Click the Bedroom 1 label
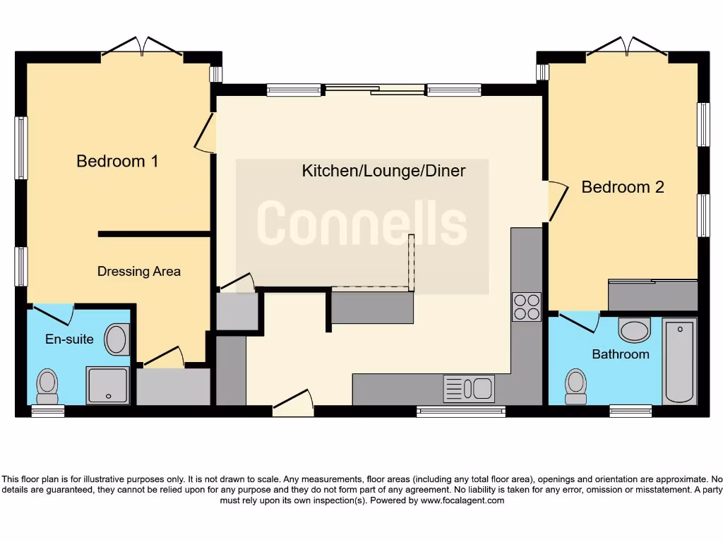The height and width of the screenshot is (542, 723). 117,161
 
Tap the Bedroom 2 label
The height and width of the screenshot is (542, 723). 623,187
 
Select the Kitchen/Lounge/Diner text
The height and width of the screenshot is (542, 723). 383,171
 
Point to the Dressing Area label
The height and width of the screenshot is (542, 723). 138,271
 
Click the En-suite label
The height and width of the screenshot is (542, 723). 69,339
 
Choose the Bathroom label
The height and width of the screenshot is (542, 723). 621,354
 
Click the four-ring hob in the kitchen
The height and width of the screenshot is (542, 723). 526,307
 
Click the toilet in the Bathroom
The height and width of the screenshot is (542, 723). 576,386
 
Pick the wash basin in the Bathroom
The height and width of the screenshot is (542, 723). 634,330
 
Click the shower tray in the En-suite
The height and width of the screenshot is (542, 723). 107,385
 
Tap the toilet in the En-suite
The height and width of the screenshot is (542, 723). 47,385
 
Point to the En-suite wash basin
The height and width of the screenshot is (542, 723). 117,339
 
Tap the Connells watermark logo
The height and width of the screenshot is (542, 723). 361,224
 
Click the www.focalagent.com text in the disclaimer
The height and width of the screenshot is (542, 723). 462,500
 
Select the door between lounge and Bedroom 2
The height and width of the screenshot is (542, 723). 558,200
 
